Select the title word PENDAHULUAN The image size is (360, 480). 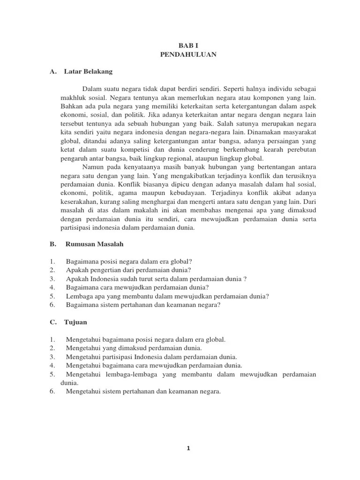pos(186,55)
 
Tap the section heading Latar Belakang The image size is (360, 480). pos(88,72)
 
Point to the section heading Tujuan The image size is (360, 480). pos(76,322)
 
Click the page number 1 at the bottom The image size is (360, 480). pos(187,448)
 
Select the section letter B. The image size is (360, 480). pos(52,244)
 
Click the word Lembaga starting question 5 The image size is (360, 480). pos(80,296)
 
